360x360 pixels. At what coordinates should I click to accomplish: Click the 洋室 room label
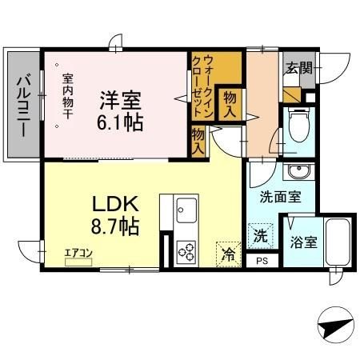tap(120, 102)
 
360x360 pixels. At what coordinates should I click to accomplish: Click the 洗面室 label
tap(279, 196)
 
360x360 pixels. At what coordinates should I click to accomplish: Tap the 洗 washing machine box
tap(260, 236)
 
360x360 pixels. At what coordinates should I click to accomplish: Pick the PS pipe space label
tap(262, 261)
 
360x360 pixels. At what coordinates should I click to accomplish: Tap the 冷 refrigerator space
tap(228, 254)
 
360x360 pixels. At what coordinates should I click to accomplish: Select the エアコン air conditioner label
tap(79, 254)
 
